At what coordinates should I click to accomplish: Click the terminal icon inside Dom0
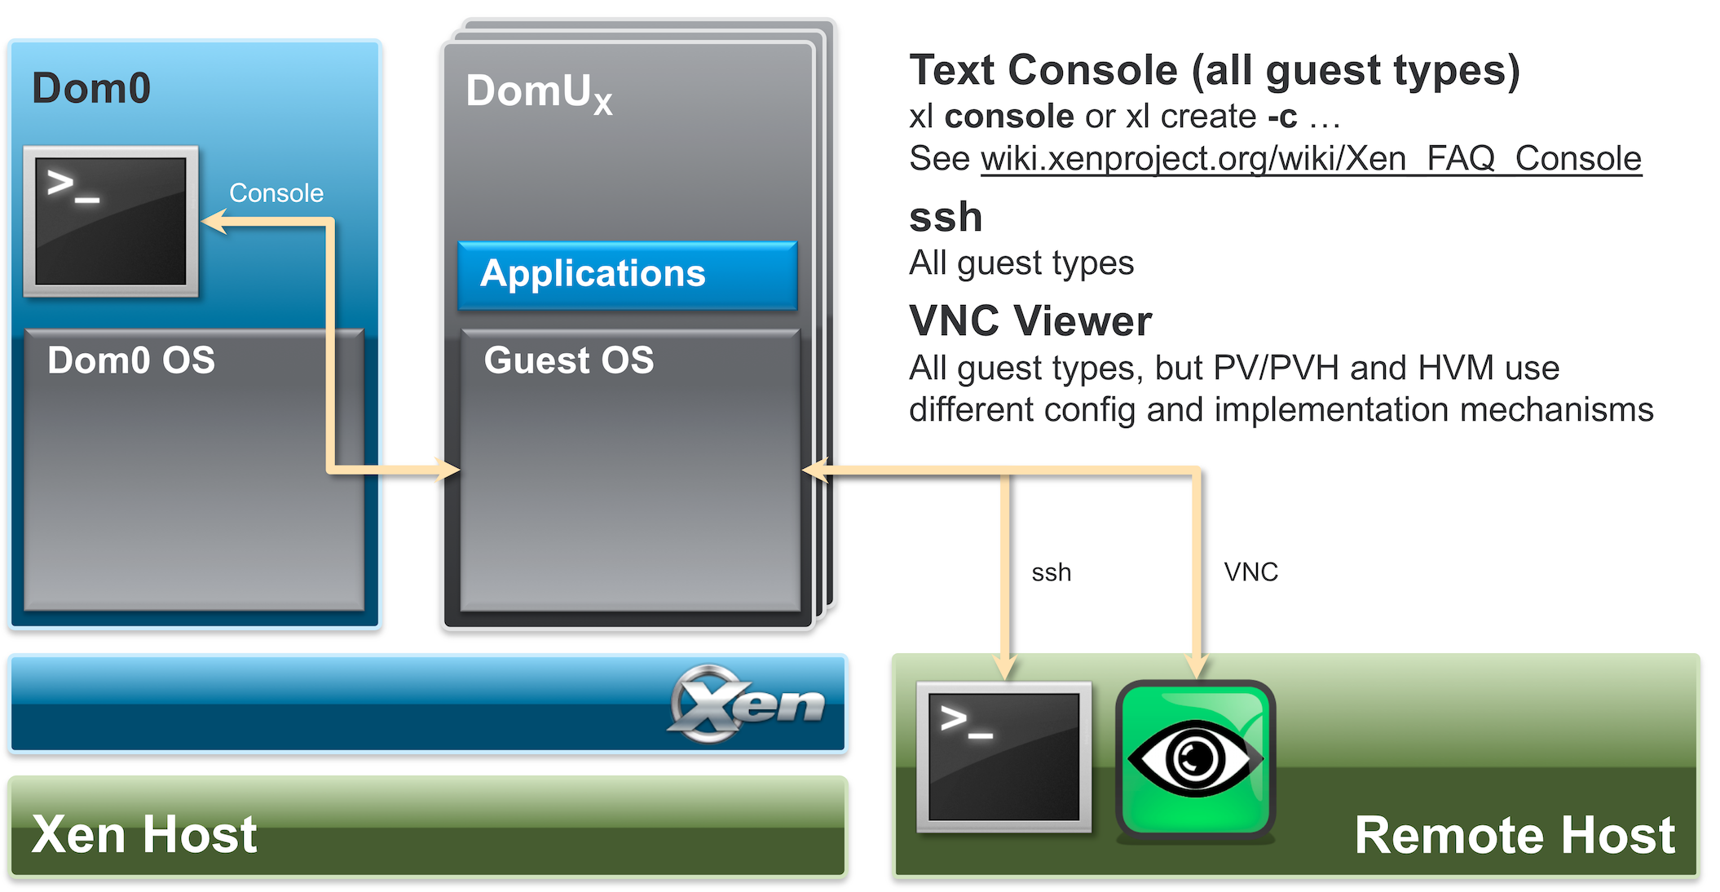tap(111, 221)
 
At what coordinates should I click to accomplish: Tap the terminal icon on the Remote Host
tap(1003, 757)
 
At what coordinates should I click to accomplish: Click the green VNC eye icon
tap(1195, 759)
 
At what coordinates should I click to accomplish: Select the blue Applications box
tap(627, 275)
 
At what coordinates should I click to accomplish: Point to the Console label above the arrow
tap(276, 193)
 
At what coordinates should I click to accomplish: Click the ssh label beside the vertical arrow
tap(1051, 572)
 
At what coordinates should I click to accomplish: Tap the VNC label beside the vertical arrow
tap(1250, 572)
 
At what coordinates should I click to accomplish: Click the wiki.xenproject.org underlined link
tap(1311, 158)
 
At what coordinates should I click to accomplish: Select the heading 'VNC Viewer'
tap(1030, 320)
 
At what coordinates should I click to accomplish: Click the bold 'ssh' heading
tap(946, 217)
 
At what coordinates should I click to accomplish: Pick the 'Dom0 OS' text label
tap(131, 360)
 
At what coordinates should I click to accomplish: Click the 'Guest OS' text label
tap(569, 360)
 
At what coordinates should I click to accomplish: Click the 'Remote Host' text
tap(1515, 835)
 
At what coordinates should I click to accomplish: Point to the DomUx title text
tap(538, 92)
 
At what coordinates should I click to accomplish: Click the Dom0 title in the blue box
tap(91, 88)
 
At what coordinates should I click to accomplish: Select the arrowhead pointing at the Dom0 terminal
tap(214, 222)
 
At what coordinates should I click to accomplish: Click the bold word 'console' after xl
tap(1009, 117)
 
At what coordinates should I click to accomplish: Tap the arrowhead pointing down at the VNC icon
tap(1197, 666)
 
